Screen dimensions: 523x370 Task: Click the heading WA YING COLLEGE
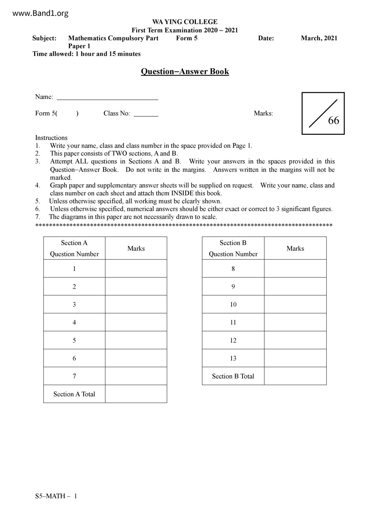click(185, 22)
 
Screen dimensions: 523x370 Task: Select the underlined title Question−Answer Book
click(185, 72)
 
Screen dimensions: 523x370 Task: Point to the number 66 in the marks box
click(334, 120)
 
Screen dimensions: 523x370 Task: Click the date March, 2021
click(319, 38)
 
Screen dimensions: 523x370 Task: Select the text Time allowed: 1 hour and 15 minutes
click(87, 54)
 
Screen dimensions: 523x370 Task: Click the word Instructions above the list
click(51, 138)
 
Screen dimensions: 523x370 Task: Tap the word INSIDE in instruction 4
click(182, 193)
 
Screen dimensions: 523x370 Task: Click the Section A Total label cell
click(74, 394)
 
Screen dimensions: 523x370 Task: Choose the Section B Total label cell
click(233, 376)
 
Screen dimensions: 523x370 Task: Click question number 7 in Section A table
click(74, 376)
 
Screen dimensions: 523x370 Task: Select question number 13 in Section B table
click(233, 358)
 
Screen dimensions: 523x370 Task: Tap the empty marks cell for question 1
click(136, 269)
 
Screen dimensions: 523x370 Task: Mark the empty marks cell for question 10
click(295, 304)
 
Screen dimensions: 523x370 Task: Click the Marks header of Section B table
click(295, 248)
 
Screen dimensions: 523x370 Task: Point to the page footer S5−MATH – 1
click(56, 496)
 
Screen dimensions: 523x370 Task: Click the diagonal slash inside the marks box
click(323, 114)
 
